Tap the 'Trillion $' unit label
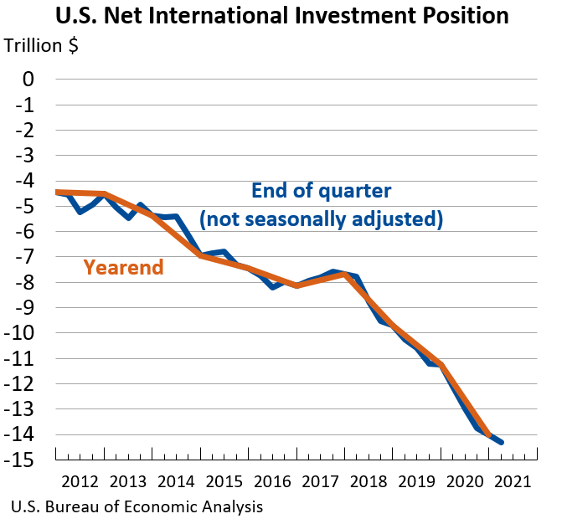[41, 46]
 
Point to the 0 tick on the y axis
[28, 80]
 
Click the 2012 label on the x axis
[79, 482]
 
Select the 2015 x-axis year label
[223, 482]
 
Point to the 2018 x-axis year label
[368, 482]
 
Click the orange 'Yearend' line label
[123, 268]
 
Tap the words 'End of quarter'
[321, 190]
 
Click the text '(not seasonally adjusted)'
[321, 219]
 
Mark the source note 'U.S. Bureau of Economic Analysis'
[137, 507]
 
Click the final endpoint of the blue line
[502, 443]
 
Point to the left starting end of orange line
[56, 192]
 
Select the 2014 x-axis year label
[175, 482]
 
